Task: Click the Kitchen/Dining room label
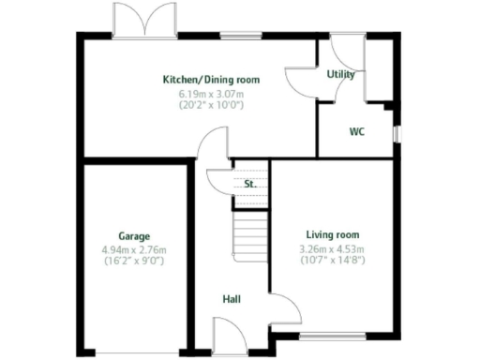coord(211,80)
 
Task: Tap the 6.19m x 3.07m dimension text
coord(211,94)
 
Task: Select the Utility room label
coord(339,75)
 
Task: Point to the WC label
coord(356,132)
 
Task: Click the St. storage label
coord(249,185)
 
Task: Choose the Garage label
coord(134,236)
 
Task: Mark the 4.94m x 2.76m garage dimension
coord(134,249)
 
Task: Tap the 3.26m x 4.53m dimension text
coord(332,247)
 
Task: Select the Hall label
coord(232,299)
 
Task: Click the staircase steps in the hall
coord(250,230)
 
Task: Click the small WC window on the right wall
coord(397,132)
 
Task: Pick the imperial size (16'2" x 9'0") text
coord(134,262)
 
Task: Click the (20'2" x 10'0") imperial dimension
coord(211,106)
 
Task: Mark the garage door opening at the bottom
coord(134,353)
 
